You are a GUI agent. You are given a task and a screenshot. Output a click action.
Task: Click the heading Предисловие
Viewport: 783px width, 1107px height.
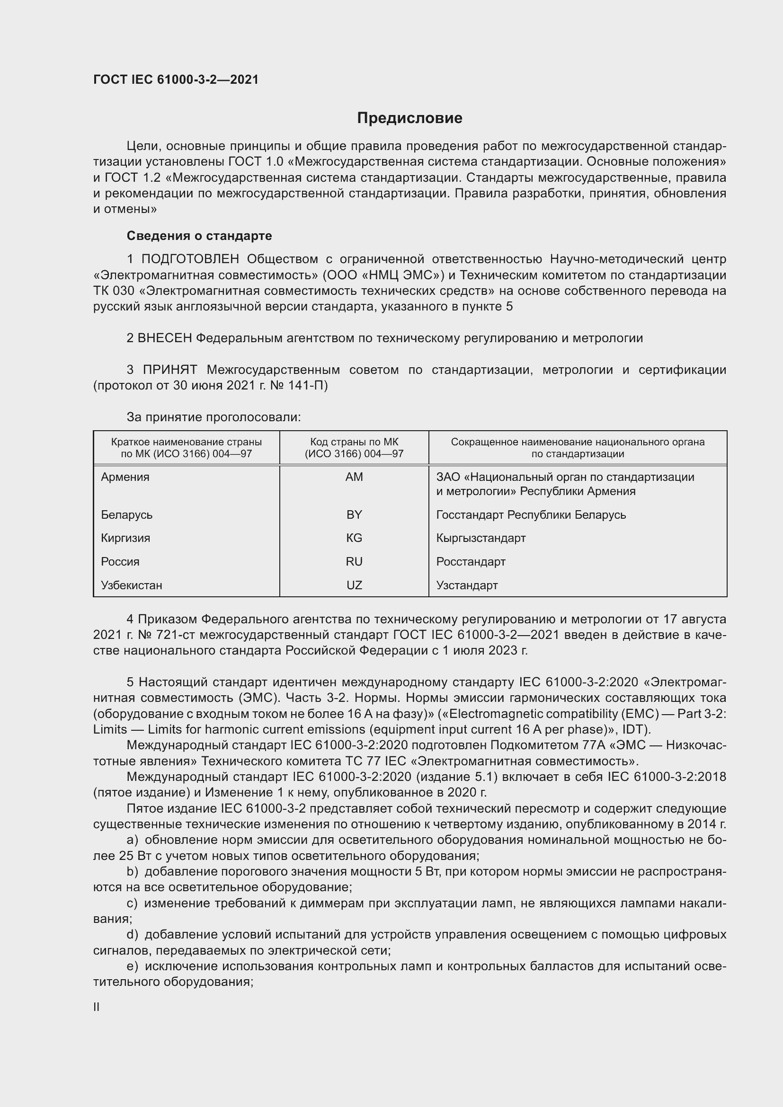pyautogui.click(x=409, y=118)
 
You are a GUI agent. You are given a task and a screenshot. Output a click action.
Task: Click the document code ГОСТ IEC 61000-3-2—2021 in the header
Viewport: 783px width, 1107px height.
pyautogui.click(x=176, y=80)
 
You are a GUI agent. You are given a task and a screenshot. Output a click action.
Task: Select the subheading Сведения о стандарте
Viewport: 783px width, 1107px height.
pyautogui.click(x=199, y=236)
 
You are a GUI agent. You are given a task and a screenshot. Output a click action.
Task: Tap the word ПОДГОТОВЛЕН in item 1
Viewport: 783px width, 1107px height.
pyautogui.click(x=190, y=259)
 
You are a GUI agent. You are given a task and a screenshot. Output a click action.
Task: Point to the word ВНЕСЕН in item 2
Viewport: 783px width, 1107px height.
pyautogui.click(x=164, y=338)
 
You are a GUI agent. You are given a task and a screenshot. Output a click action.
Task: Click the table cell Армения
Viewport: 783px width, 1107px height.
pyautogui.click(x=125, y=477)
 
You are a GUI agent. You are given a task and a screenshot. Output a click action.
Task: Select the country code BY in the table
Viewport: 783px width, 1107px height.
pyautogui.click(x=354, y=514)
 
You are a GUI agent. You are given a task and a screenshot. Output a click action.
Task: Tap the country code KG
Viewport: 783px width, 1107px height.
pyautogui.click(x=354, y=538)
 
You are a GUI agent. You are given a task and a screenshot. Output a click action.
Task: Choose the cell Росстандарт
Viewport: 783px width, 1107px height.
pyautogui.click(x=471, y=562)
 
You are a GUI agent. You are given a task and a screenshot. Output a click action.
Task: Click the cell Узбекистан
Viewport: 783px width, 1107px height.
pyautogui.click(x=132, y=585)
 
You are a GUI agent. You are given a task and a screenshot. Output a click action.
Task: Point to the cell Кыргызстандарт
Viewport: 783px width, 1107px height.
pyautogui.click(x=480, y=538)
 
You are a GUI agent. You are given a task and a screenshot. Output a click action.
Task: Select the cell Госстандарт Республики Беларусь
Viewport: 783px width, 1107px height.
pyautogui.click(x=531, y=514)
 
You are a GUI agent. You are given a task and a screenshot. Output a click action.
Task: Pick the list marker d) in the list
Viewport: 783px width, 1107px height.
pyautogui.click(x=132, y=935)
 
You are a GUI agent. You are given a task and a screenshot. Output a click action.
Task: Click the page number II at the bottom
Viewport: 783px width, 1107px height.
pyautogui.click(x=97, y=1007)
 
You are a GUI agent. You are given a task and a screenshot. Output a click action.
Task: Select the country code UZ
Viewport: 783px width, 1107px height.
pyautogui.click(x=354, y=585)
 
